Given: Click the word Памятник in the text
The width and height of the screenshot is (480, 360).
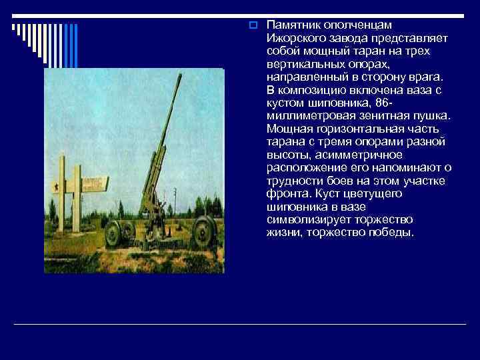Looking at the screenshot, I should tap(289, 25).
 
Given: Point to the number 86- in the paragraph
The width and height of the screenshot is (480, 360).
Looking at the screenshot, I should tap(389, 103).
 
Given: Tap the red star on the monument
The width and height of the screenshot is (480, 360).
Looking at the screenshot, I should tap(57, 187).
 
